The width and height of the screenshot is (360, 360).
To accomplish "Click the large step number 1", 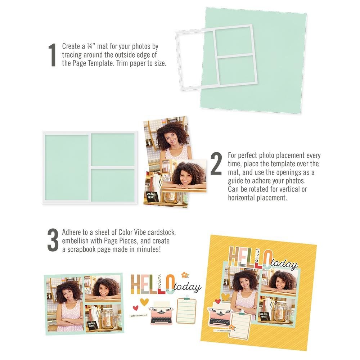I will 53,55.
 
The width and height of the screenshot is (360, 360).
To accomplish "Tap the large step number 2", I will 216,164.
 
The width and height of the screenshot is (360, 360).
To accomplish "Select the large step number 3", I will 53,239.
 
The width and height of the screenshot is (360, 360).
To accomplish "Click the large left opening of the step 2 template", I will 67,167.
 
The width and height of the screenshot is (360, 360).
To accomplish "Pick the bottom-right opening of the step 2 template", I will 113,185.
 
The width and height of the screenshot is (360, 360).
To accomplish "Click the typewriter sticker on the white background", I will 161,314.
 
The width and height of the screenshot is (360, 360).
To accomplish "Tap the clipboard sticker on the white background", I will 186,310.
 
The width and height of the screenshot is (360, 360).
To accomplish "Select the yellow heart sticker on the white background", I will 144,302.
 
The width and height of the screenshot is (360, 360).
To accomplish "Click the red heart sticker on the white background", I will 136,308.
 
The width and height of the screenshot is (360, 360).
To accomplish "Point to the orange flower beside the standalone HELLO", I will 185,275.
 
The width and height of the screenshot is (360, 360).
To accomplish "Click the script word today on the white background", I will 188,287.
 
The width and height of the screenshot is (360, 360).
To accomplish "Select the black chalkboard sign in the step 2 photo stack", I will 153,196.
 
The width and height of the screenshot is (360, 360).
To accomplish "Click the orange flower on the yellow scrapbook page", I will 232,327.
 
